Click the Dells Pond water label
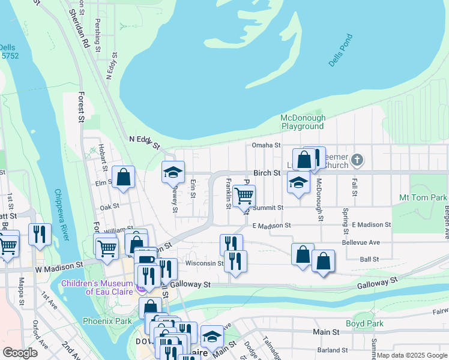[342, 50]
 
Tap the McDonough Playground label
[303, 122]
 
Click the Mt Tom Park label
[423, 197]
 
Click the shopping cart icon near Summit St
[244, 196]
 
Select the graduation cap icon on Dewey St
[173, 173]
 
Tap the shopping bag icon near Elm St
[123, 177]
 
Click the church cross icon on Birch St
[357, 160]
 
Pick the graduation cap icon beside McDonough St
[298, 182]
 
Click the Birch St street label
[267, 173]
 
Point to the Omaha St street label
[266, 145]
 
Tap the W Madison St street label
[58, 266]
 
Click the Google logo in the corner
[20, 353]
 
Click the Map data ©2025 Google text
[411, 356]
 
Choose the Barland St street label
[333, 350]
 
